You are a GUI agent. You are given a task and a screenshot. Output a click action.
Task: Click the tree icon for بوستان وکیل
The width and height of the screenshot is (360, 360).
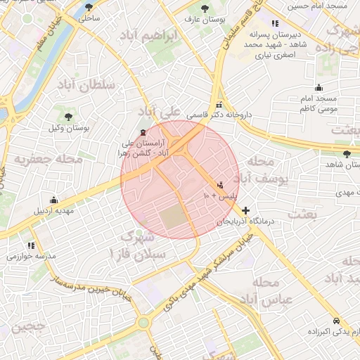(68, 117)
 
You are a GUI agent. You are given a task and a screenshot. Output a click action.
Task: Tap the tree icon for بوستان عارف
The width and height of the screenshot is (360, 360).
(205, 8)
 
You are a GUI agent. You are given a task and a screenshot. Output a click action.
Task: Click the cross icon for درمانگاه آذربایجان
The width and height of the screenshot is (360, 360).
(245, 210)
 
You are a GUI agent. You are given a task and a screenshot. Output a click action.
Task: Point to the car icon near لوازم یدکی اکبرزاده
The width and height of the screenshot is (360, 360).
(337, 318)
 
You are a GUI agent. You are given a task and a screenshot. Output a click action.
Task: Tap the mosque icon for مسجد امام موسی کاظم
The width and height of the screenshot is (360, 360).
(319, 88)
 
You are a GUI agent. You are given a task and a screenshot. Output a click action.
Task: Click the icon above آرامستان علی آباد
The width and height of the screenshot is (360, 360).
(143, 131)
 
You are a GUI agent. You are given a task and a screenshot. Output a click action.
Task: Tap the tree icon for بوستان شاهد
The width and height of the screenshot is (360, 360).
(346, 154)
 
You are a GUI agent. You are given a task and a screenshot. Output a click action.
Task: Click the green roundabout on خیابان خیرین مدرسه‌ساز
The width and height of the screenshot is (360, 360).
(143, 323)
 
